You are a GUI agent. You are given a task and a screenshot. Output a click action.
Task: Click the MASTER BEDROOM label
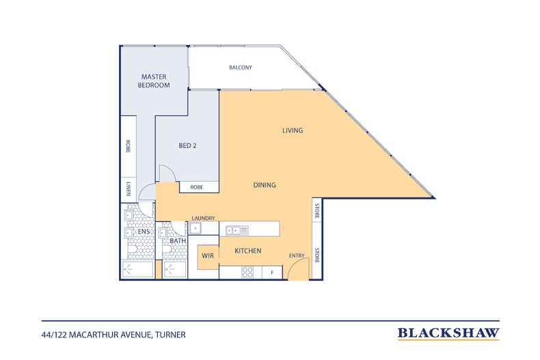click(x=154, y=81)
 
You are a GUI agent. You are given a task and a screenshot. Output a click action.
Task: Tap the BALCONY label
click(x=241, y=68)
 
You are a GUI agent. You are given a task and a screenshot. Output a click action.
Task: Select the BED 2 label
click(x=187, y=146)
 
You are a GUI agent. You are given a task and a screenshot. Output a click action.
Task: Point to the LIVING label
click(x=293, y=130)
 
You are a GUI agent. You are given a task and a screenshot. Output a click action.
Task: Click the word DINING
click(x=265, y=185)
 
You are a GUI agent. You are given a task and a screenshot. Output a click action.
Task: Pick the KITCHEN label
click(x=248, y=251)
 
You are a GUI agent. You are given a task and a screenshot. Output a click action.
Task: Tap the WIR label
click(x=208, y=255)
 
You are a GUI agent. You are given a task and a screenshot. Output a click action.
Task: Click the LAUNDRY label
click(x=203, y=218)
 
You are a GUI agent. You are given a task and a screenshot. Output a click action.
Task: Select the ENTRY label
click(x=297, y=255)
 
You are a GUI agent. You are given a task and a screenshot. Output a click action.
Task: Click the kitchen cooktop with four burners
click(x=247, y=273)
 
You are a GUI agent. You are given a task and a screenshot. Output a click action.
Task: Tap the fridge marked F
click(x=272, y=273)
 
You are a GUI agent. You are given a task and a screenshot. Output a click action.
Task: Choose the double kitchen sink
click(x=237, y=230)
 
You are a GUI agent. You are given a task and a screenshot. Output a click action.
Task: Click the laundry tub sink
click(x=195, y=228)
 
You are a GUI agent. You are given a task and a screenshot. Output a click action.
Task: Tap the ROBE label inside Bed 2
click(x=197, y=187)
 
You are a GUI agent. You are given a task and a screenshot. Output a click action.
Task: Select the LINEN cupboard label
click(x=129, y=189)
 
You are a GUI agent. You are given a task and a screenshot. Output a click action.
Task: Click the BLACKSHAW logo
click(x=448, y=333)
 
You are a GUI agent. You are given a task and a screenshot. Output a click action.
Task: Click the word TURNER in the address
click(x=170, y=335)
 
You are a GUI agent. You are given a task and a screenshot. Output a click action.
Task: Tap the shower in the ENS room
click(x=137, y=269)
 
